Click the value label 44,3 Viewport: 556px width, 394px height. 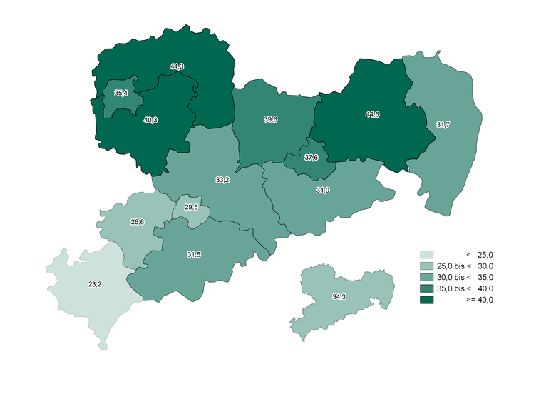click(177, 66)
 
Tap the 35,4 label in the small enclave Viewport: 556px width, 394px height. click(121, 93)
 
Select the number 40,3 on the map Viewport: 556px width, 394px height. click(150, 120)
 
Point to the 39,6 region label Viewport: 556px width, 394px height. click(270, 119)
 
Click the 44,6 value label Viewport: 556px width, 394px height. click(372, 114)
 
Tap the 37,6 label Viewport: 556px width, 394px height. click(311, 157)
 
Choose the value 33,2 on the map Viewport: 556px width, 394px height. click(222, 180)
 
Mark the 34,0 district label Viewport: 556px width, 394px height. click(322, 191)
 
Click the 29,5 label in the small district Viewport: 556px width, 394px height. click(191, 207)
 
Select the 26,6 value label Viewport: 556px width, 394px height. click(137, 222)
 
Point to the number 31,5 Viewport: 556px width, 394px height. click(193, 255)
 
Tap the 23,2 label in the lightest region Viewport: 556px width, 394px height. click(94, 284)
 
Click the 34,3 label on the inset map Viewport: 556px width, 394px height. click(339, 296)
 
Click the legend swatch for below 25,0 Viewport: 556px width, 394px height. click(427, 254)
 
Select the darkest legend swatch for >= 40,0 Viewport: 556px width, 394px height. click(427, 299)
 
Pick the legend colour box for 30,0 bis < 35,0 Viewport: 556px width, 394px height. click(427, 277)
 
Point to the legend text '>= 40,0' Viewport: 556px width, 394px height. click(479, 300)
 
